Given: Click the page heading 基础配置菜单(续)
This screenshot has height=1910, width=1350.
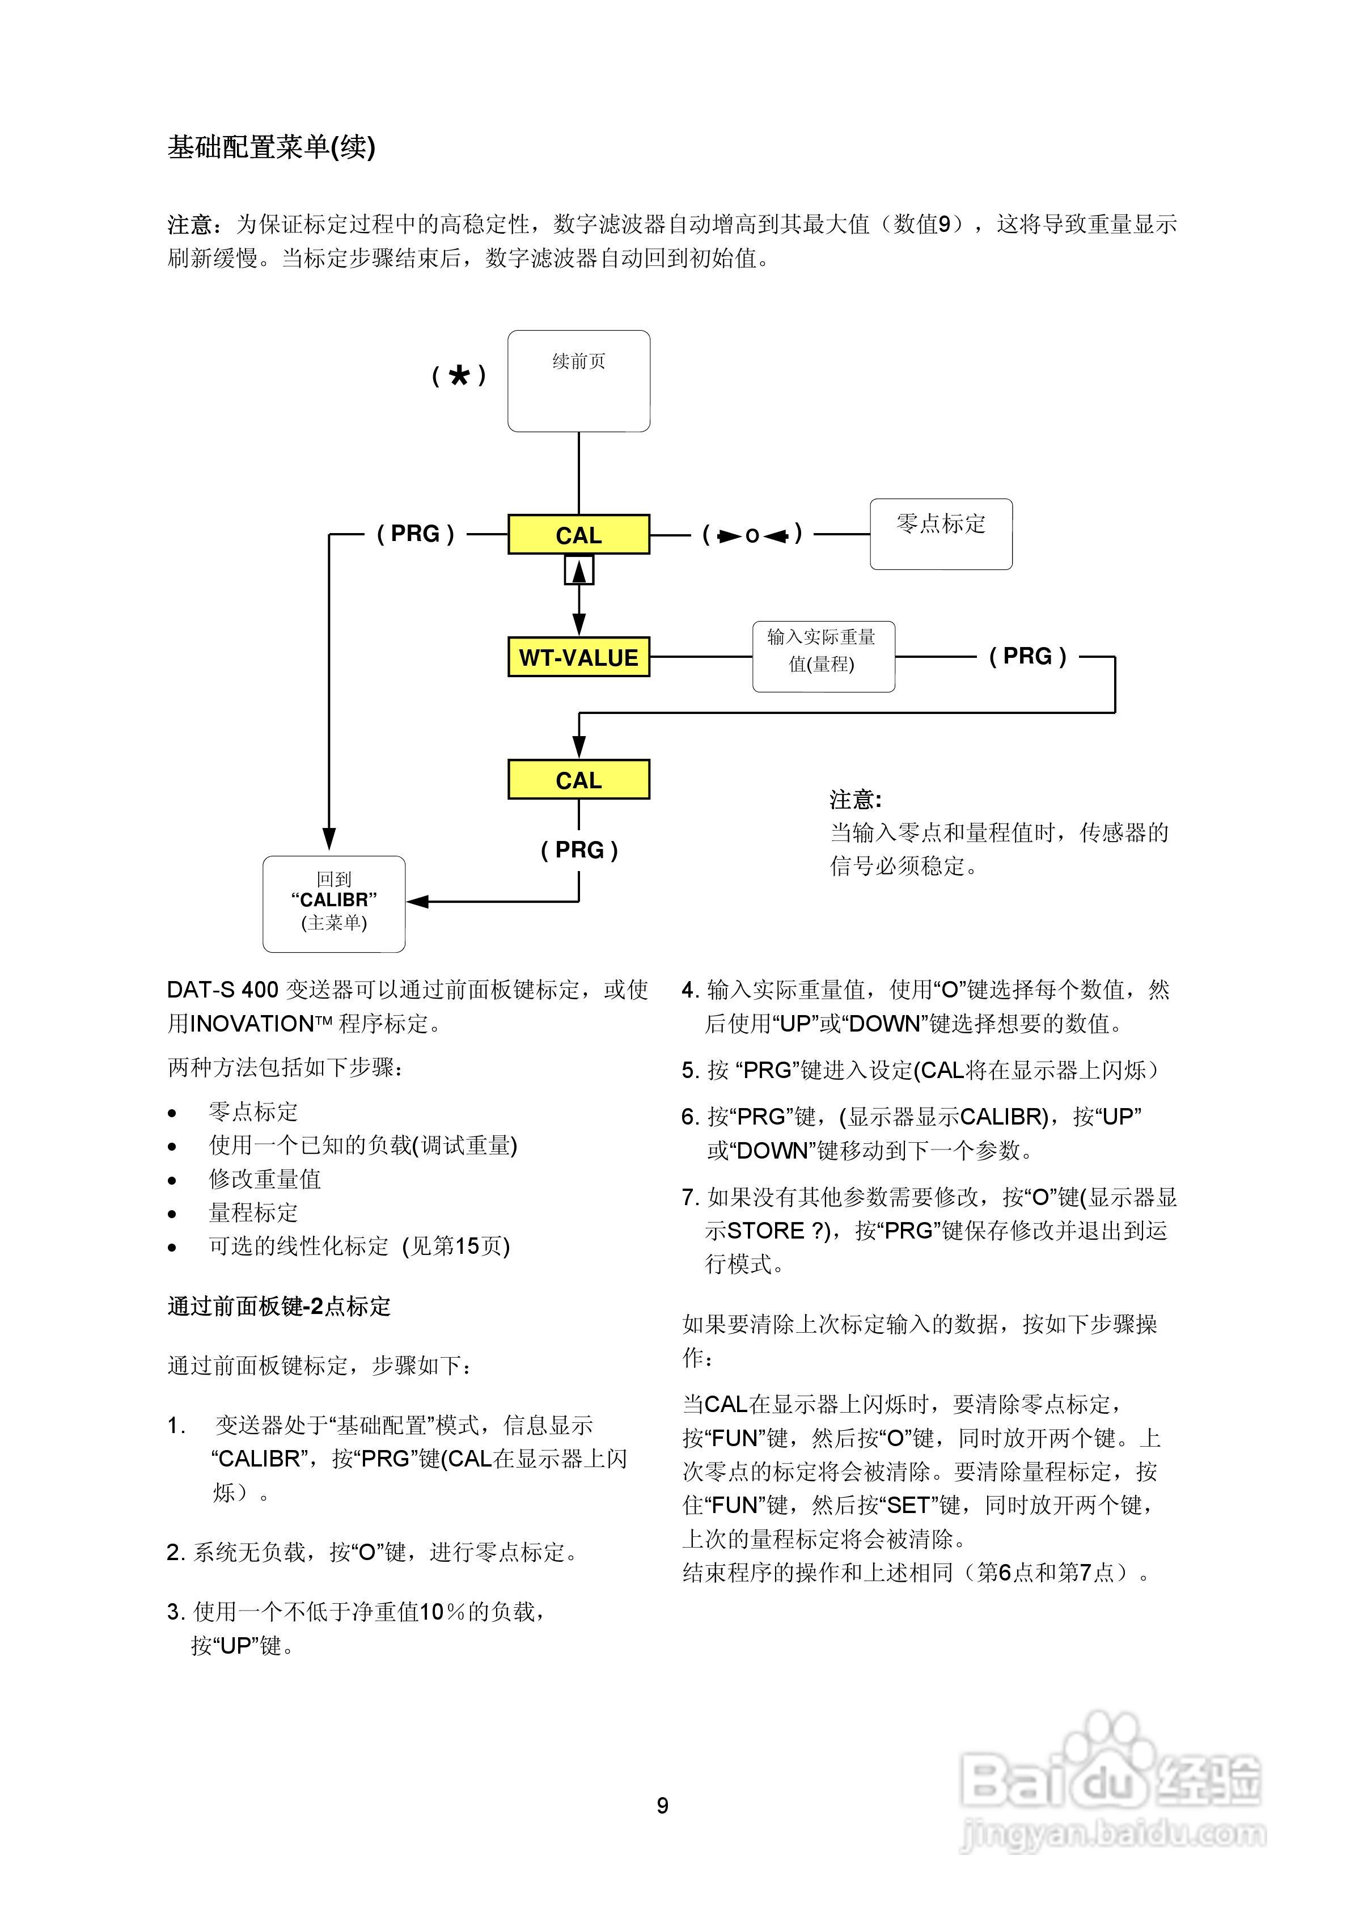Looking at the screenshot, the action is [x=271, y=147].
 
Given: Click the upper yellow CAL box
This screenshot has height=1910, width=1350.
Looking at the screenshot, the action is [x=578, y=535].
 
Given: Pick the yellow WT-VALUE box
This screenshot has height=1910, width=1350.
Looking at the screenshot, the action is [x=578, y=657].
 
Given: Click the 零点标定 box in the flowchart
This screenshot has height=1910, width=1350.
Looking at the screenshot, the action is [x=940, y=534].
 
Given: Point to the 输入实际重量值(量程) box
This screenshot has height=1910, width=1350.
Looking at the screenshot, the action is [x=823, y=656].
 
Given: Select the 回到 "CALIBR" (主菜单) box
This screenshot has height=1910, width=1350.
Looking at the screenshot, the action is [x=333, y=903].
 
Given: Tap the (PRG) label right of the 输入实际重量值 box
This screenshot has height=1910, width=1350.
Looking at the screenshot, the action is [x=1027, y=656].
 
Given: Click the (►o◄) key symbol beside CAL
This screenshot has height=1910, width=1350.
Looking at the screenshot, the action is [x=752, y=535].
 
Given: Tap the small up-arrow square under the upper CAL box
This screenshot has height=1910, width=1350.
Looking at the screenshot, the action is [x=579, y=571].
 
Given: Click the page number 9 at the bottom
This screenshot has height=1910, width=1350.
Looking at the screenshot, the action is [x=662, y=1805].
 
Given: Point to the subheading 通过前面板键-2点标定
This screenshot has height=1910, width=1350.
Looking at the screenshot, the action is [x=278, y=1306].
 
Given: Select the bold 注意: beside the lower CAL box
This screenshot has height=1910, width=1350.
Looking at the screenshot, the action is [x=855, y=800].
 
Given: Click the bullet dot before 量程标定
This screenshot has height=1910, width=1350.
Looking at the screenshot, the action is [x=172, y=1214].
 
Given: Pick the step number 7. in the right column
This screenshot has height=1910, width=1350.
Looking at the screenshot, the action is [x=689, y=1197].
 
